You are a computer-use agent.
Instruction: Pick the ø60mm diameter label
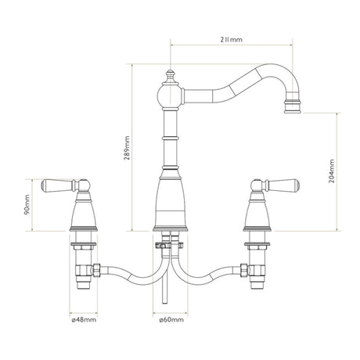click(x=171, y=319)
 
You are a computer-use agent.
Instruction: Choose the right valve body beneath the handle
click(x=258, y=212)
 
